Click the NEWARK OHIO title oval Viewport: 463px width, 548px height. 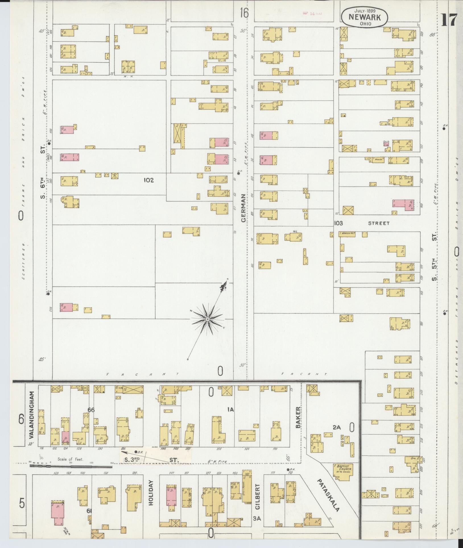click(x=365, y=17)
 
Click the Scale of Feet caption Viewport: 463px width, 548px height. click(x=70, y=459)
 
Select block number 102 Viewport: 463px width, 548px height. click(x=149, y=180)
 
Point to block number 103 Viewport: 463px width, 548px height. click(x=339, y=223)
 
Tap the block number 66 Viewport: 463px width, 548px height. click(x=91, y=410)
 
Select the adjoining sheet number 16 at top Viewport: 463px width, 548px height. click(x=244, y=13)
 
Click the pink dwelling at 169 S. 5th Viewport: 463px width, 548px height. click(x=403, y=205)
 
